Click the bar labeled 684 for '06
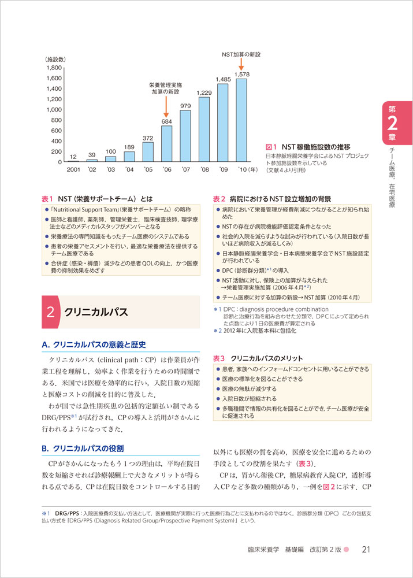[166, 144]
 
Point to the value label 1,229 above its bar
[204, 92]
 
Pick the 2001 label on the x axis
[73, 169]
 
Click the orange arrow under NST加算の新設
[241, 67]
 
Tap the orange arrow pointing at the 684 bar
[166, 108]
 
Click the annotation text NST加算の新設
[241, 54]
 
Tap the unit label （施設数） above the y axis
[55, 59]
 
